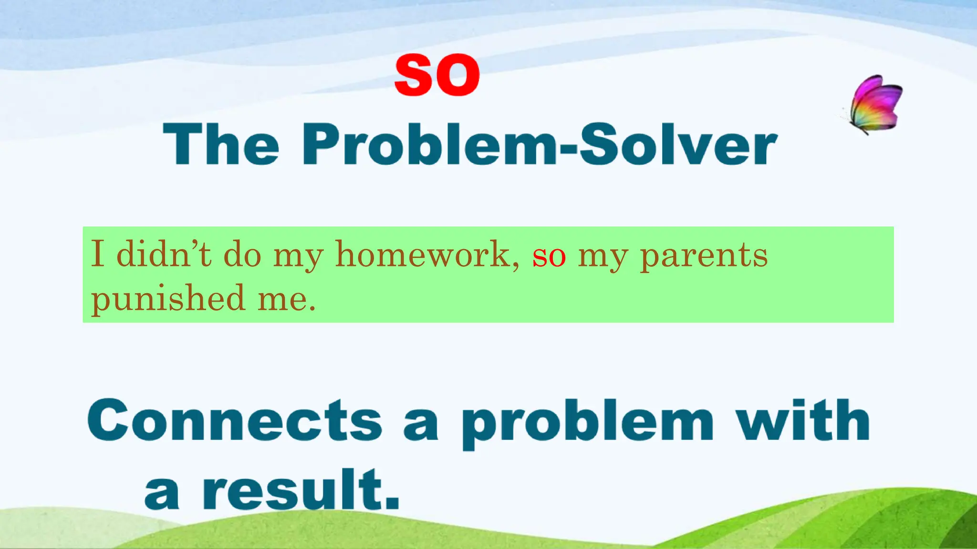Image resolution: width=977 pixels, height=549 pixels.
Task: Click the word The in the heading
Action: click(221, 144)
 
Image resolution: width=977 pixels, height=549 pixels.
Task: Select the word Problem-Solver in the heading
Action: click(539, 144)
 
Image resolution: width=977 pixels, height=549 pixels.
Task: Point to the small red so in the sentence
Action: click(549, 256)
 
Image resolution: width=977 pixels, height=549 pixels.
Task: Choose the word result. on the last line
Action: click(301, 490)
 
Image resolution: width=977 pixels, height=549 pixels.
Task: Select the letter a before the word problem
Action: click(420, 426)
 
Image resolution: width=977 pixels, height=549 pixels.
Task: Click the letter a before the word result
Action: click(162, 494)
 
